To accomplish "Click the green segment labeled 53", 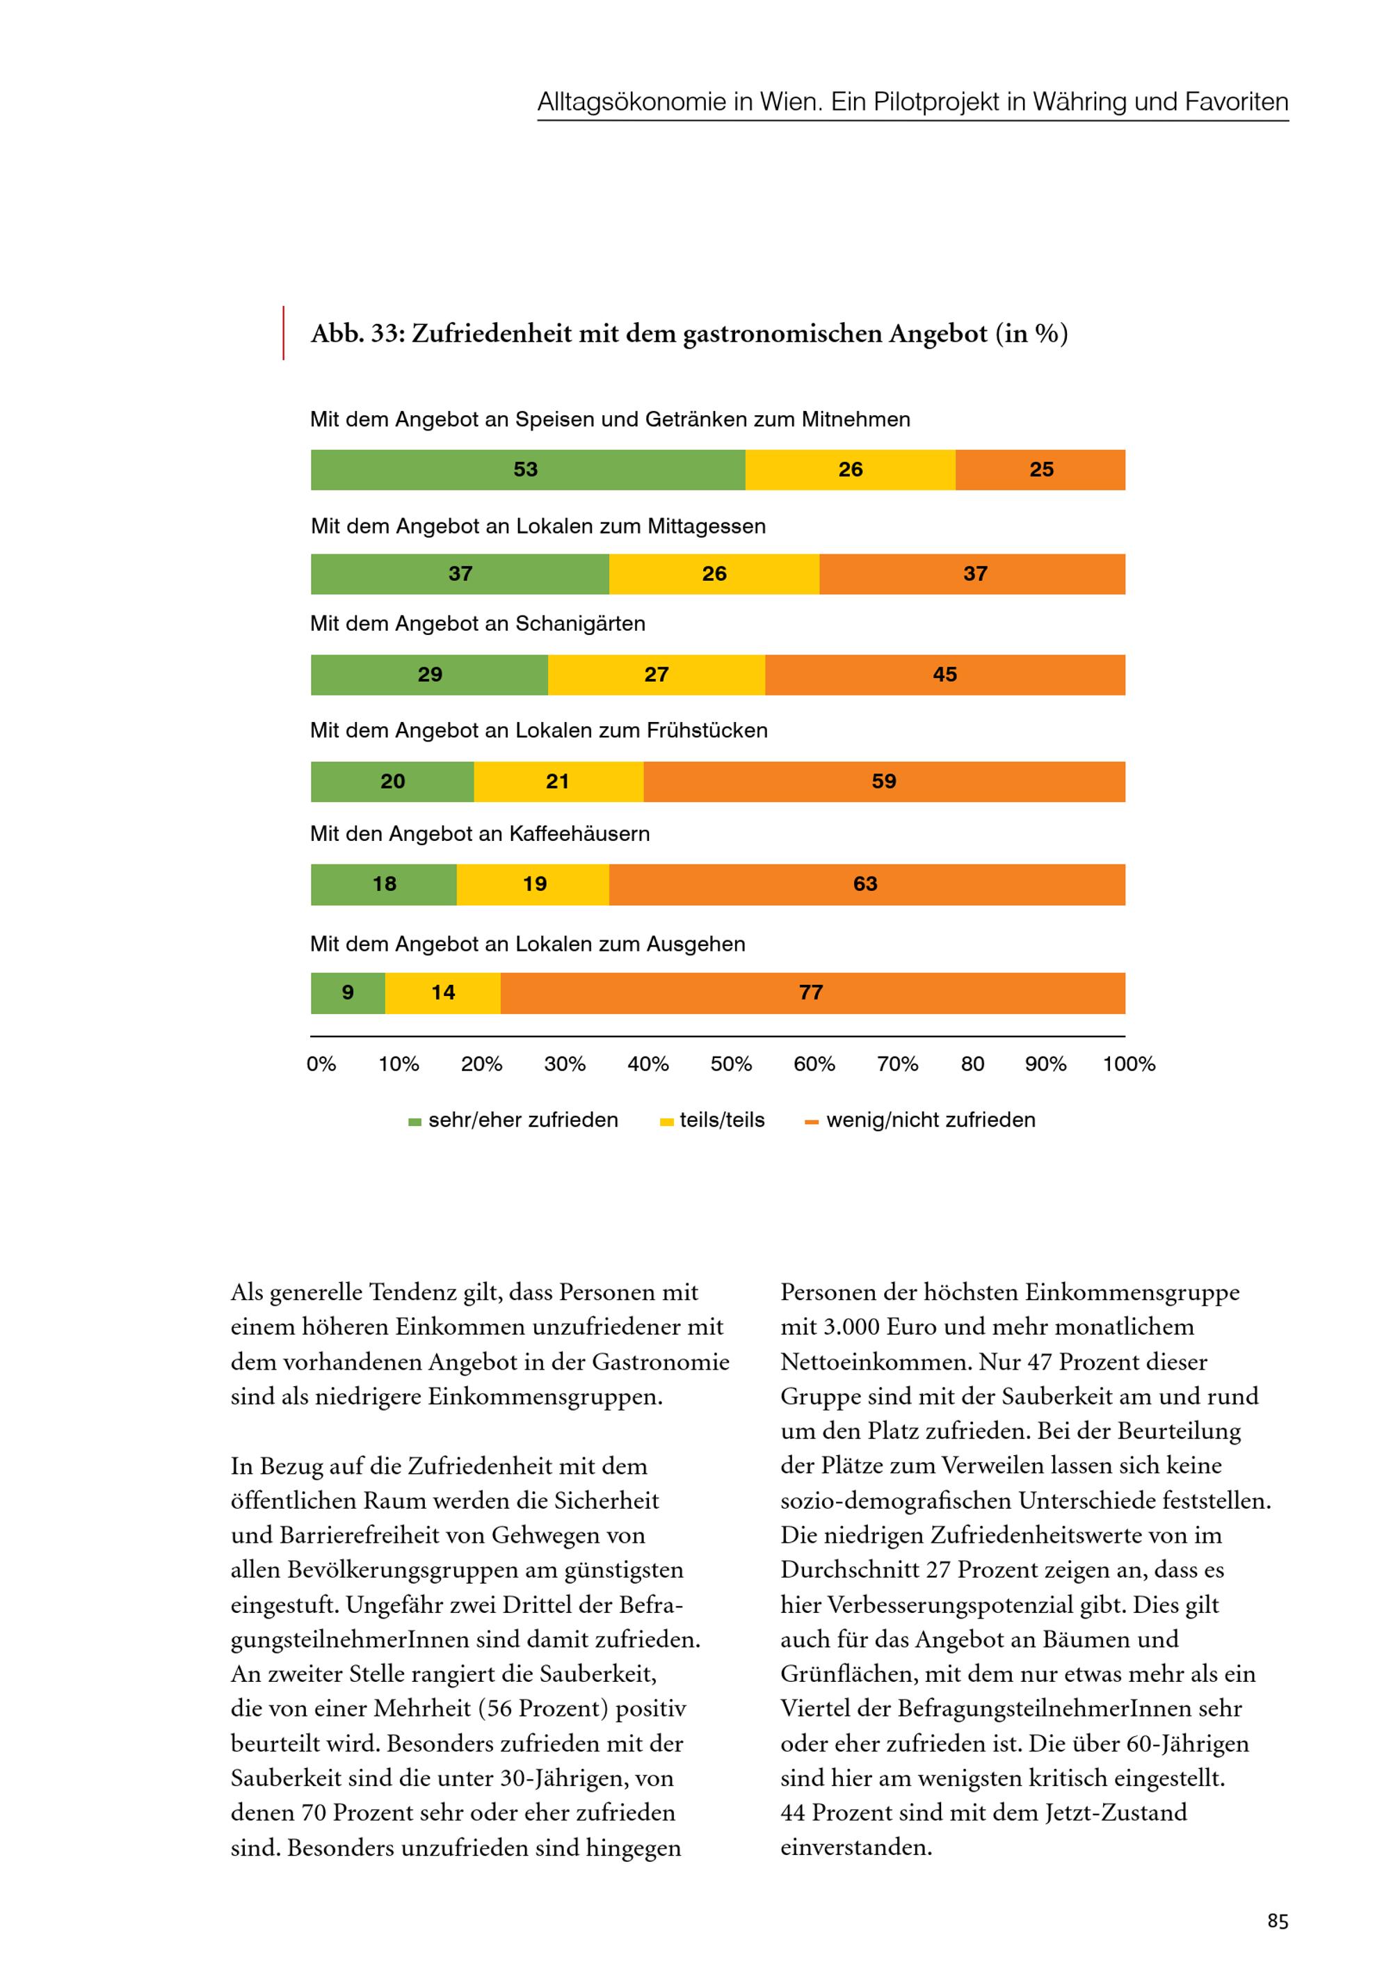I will tap(526, 469).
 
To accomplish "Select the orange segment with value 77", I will tap(812, 993).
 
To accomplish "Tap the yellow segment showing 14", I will tap(443, 993).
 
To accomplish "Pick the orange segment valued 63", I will tap(866, 884).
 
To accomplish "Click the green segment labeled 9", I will tap(348, 993).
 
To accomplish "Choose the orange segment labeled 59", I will tap(884, 781).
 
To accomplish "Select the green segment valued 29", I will tap(429, 675).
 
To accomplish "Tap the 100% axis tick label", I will tap(1129, 1064).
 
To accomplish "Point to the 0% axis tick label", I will tap(321, 1064).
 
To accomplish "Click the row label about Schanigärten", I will tap(478, 624).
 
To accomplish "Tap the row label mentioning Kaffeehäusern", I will tap(480, 833).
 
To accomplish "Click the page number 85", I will tap(1277, 1922).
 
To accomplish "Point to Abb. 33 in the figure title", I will tap(356, 333).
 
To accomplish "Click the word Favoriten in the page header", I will tap(1236, 102).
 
